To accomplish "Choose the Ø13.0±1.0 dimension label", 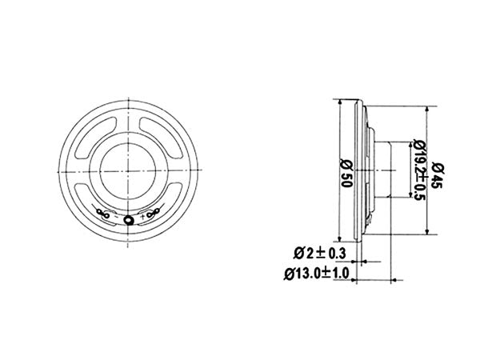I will (x=317, y=273).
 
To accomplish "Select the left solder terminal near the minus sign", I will (x=103, y=214).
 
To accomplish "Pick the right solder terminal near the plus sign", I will (x=154, y=214).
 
